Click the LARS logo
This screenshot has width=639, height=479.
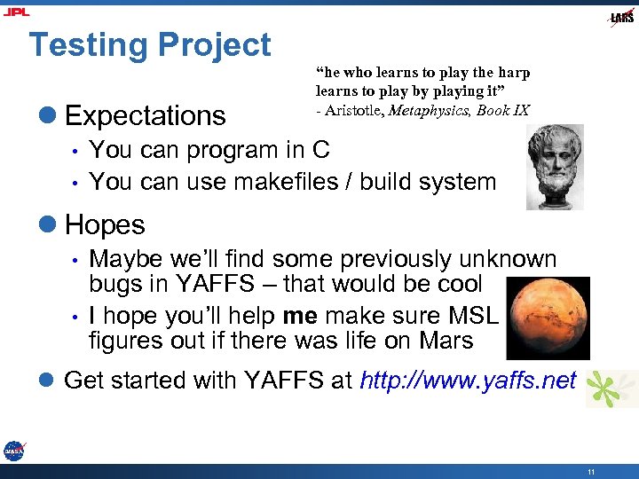point(621,18)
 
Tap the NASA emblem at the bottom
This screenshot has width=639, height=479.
point(13,451)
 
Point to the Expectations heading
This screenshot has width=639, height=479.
point(146,115)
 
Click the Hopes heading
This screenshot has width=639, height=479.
point(105,225)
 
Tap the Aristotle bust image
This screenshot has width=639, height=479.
point(555,166)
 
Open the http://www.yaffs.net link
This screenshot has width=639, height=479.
point(468,381)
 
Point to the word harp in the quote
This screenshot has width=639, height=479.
point(512,73)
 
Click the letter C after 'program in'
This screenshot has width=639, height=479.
point(320,150)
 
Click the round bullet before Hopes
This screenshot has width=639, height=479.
point(48,225)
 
